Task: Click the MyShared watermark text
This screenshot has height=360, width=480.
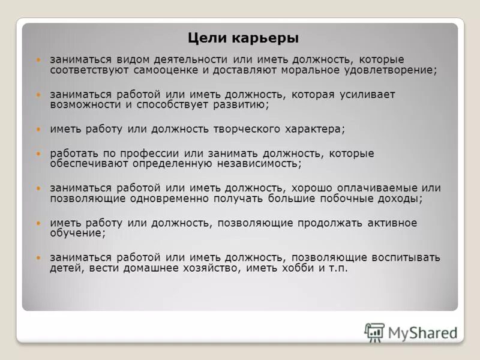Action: (x=422, y=332)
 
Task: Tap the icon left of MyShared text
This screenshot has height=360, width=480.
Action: (x=374, y=332)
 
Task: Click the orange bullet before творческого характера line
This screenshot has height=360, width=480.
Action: (x=39, y=129)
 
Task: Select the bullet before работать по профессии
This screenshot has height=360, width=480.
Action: (x=39, y=154)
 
